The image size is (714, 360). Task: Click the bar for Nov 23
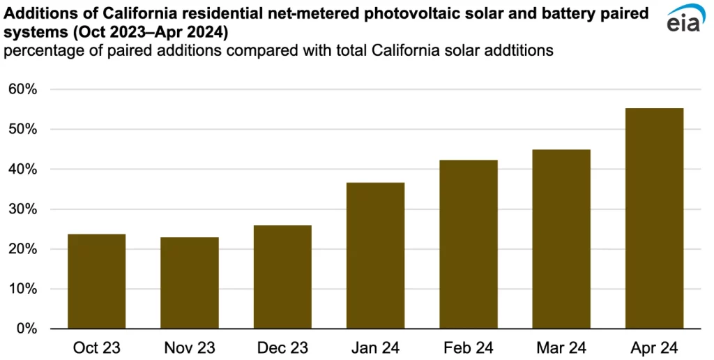click(189, 283)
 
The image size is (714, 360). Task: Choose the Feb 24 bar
click(469, 244)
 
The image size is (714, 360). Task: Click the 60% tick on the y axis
click(22, 89)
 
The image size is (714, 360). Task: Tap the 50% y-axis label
click(22, 130)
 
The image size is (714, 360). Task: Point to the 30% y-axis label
click(22, 209)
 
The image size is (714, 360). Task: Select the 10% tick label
click(22, 289)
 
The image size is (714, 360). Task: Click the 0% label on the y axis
click(26, 329)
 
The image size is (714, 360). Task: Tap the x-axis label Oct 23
click(96, 347)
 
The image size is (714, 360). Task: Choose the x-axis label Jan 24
click(375, 347)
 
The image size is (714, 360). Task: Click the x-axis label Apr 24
click(654, 347)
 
